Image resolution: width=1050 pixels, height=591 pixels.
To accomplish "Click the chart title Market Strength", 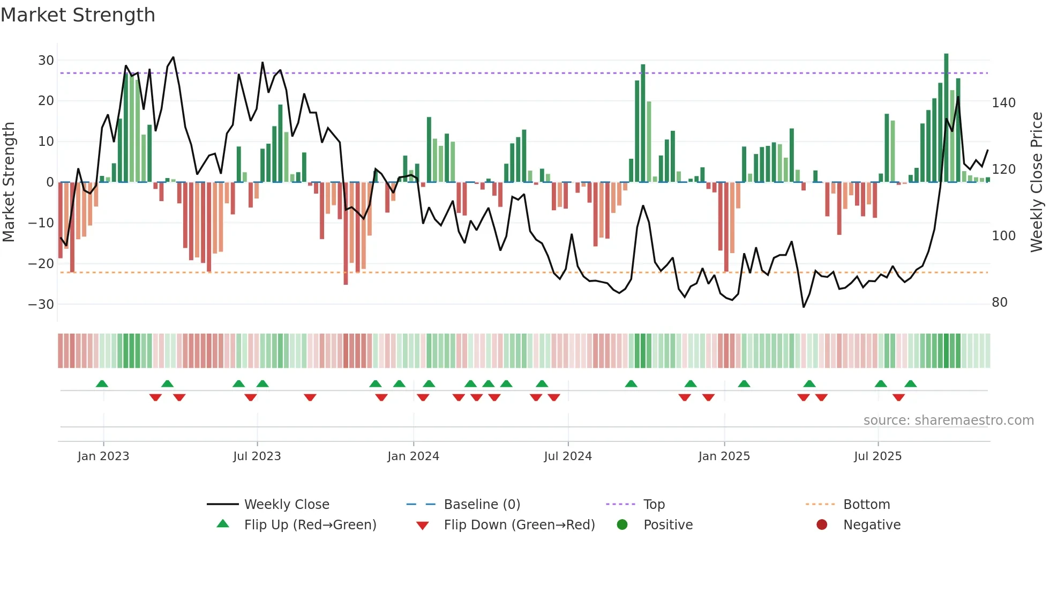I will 78,15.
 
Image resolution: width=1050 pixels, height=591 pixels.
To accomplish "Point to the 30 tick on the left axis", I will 46,60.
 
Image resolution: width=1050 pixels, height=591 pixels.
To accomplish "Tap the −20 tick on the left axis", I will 41,263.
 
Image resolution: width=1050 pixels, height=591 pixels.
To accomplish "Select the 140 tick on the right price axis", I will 1003,102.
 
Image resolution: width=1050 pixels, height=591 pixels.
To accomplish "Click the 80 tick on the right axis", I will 1000,302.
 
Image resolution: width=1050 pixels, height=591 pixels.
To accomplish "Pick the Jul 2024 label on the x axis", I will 568,456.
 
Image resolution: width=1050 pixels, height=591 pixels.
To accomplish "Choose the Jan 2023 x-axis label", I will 103,456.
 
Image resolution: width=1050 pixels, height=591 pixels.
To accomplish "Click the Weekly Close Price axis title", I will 1037,182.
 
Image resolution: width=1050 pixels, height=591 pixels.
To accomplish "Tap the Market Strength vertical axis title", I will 9,182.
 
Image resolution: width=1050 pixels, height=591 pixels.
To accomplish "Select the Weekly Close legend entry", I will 287,505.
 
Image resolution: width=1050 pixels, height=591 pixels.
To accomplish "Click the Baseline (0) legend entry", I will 482,505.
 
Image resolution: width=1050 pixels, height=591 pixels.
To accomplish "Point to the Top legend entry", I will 654,505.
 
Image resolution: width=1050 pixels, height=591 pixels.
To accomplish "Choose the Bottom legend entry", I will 866,505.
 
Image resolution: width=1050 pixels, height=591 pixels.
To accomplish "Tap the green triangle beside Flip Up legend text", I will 223,524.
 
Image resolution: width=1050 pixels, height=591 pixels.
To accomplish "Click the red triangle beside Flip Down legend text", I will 422,526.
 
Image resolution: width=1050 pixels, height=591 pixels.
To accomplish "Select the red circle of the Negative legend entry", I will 822,524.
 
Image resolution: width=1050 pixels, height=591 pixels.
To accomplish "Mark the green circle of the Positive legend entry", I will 622,524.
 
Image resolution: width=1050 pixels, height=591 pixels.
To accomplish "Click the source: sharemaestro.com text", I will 948,420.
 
